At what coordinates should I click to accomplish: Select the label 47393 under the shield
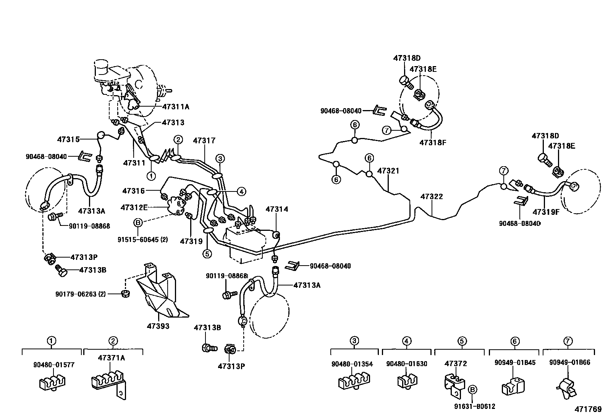point(158,326)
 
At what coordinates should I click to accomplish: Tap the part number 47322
point(432,196)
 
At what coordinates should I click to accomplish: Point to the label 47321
point(388,170)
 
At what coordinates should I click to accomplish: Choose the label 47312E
point(134,208)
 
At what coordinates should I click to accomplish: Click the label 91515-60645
point(143,240)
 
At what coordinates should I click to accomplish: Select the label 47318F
point(433,143)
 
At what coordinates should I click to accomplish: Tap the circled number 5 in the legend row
point(462,341)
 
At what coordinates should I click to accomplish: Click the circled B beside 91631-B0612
point(472,389)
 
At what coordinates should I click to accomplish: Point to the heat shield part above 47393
point(160,294)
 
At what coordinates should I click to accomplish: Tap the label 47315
point(69,139)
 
